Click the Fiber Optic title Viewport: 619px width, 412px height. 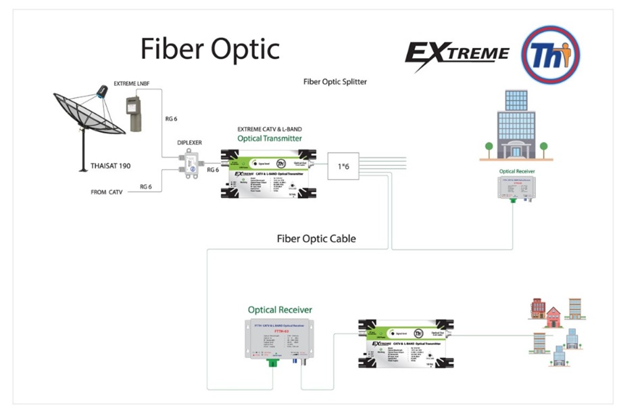click(209, 49)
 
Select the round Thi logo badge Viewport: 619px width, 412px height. click(551, 54)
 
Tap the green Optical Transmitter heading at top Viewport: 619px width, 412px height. click(269, 138)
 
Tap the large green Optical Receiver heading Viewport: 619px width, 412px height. click(280, 310)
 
